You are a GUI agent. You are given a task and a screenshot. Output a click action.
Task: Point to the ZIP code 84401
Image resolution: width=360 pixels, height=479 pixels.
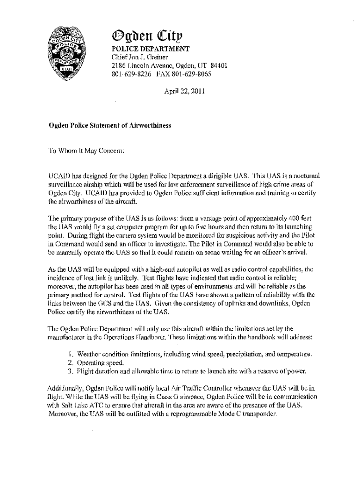217,66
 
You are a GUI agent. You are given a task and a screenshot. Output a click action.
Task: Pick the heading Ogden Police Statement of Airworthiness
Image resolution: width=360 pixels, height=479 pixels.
110,125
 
